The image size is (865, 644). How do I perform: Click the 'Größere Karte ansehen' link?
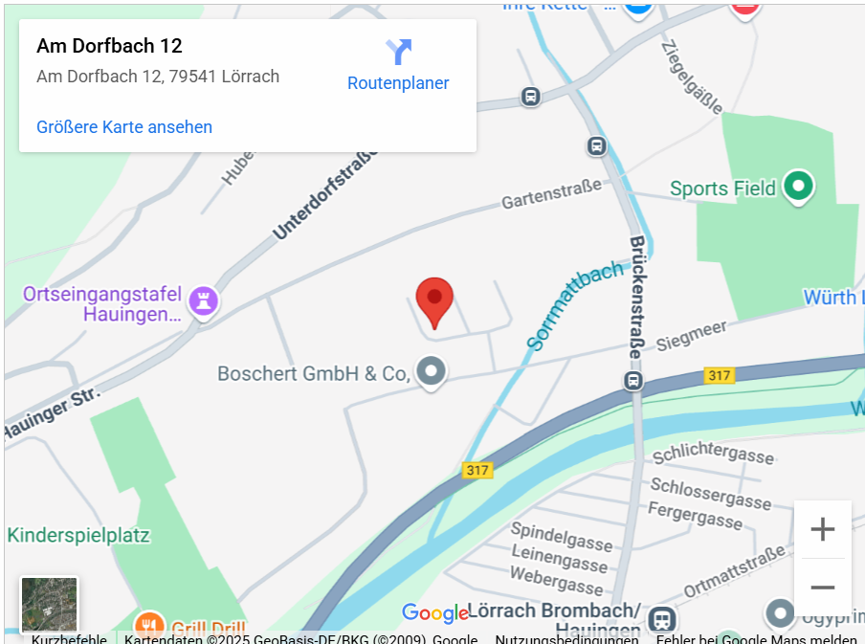[x=124, y=127]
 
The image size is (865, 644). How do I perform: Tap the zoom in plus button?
[x=822, y=529]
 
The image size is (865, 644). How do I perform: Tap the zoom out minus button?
[x=822, y=587]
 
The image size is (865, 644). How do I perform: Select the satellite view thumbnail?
[x=50, y=605]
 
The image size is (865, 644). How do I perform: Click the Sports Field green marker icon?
[x=797, y=187]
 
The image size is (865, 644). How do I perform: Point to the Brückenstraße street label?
[x=635, y=297]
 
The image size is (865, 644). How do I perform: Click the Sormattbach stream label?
[x=574, y=304]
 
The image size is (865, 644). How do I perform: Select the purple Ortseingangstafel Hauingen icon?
[x=203, y=300]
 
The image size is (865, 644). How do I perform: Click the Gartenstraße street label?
[x=552, y=194]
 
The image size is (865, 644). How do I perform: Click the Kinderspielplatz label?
[x=78, y=535]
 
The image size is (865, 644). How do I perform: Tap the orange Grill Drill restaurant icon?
[x=148, y=626]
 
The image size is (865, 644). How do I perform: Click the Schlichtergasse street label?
[x=713, y=454]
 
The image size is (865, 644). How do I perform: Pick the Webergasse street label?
[x=557, y=579]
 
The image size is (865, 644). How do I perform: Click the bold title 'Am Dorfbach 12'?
[x=109, y=46]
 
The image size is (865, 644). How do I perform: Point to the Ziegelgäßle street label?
[x=691, y=76]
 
